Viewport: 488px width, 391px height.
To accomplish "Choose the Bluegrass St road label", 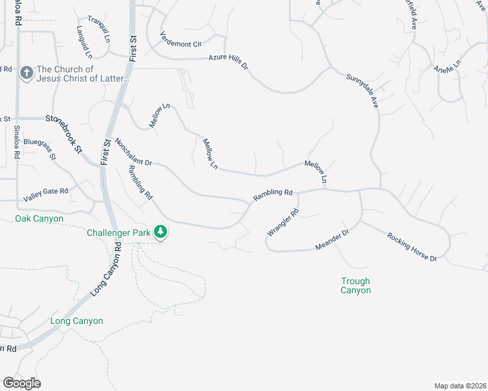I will [40, 149].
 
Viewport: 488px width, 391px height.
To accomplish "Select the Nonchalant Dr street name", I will [133, 151].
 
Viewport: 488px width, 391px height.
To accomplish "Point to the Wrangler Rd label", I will [282, 222].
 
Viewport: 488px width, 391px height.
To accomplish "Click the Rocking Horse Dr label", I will [411, 247].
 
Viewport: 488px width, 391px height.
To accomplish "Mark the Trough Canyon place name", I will [356, 285].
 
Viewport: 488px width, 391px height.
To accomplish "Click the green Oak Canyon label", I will [39, 219].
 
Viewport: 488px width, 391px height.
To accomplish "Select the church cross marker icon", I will [26, 73].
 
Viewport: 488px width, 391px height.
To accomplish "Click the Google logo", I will [22, 383].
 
